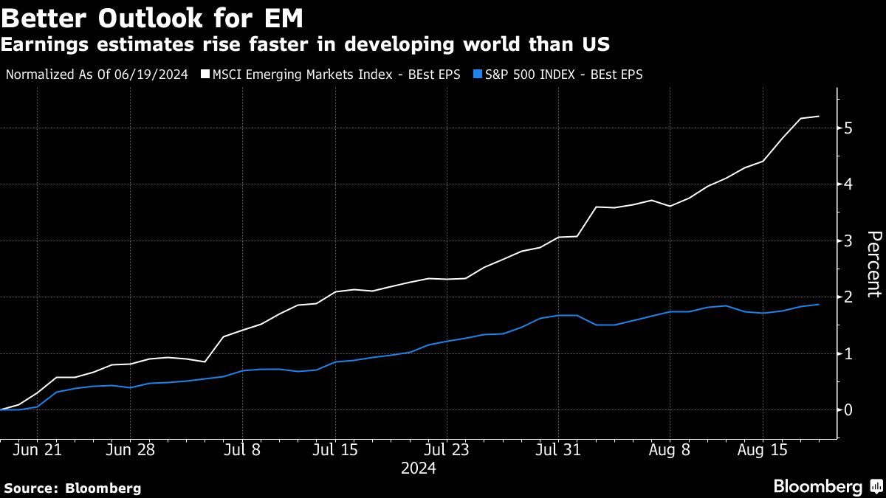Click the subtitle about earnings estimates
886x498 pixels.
pos(305,44)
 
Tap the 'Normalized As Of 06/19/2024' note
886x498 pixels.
pos(97,74)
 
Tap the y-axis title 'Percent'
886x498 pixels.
pos(873,263)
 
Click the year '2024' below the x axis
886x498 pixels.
pos(418,468)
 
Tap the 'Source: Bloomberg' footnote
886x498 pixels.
pos(72,488)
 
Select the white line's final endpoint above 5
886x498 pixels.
pos(819,116)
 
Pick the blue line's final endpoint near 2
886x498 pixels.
pos(819,304)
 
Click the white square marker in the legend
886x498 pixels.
pos(205,74)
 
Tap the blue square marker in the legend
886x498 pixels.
pos(478,74)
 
